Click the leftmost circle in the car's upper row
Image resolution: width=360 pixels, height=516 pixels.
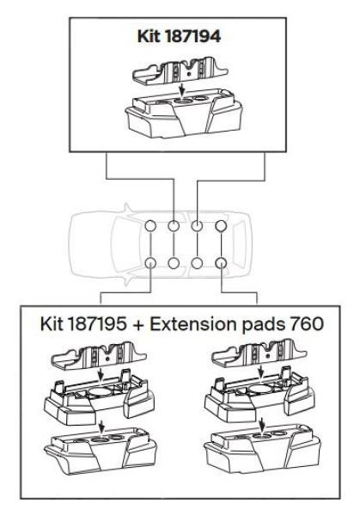tap(152, 229)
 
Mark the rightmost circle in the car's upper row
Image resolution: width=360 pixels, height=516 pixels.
tap(221, 229)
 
